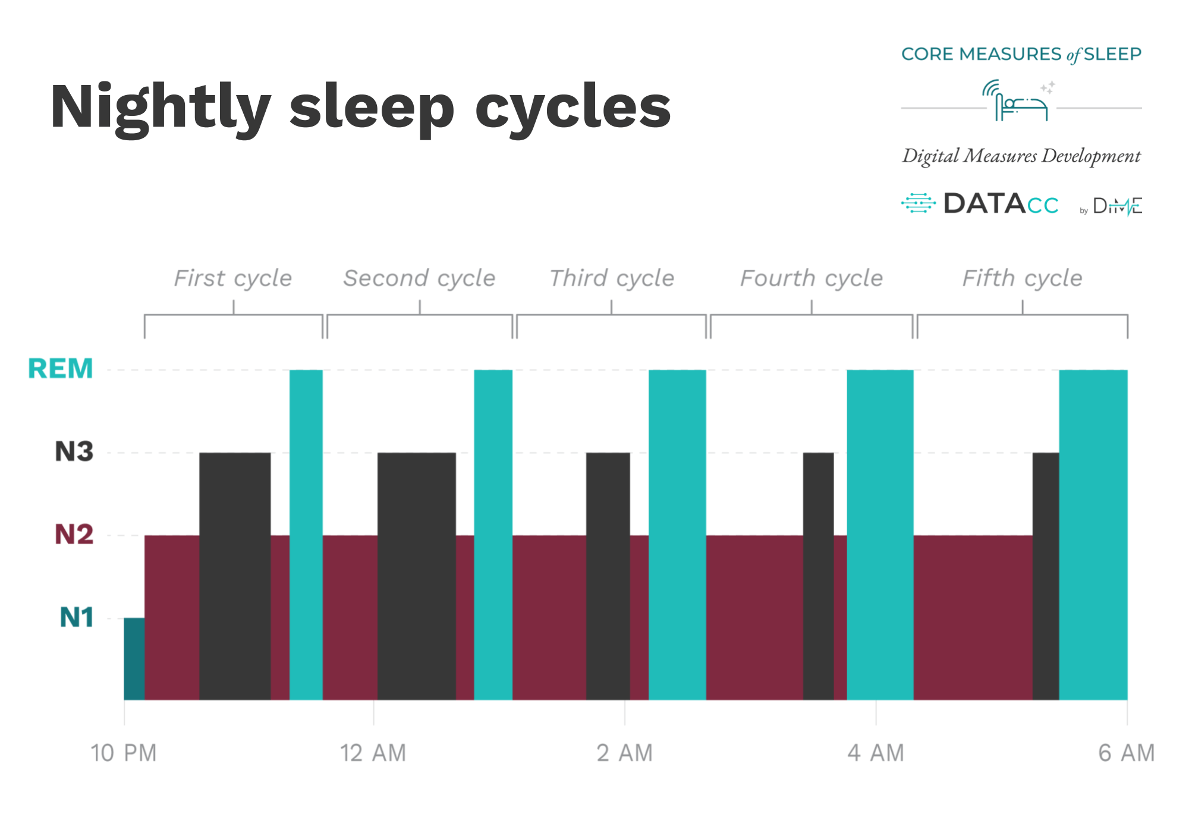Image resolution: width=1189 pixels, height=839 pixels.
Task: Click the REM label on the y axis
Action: tap(61, 369)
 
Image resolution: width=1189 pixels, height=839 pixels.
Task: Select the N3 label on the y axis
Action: tap(74, 452)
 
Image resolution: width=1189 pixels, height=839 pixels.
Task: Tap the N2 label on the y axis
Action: tap(74, 534)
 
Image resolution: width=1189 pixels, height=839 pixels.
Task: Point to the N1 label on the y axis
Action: tap(77, 617)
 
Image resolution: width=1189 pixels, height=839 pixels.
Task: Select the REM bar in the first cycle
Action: tap(306, 535)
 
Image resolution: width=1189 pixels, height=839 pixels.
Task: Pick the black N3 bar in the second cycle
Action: tap(417, 576)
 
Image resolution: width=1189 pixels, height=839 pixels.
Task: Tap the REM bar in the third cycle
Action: tap(677, 535)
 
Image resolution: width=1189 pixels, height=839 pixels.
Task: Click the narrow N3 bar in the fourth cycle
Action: tap(818, 576)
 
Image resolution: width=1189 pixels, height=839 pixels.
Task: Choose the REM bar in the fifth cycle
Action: tap(1093, 535)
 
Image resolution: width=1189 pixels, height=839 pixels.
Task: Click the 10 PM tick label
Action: tap(124, 753)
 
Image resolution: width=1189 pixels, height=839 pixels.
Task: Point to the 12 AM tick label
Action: tap(373, 753)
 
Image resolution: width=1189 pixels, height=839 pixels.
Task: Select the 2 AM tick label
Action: tap(625, 753)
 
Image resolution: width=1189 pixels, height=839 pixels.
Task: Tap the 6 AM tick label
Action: tap(1127, 753)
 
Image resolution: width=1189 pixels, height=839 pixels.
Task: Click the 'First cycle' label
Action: tap(233, 278)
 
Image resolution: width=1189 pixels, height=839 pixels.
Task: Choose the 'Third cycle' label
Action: tap(612, 278)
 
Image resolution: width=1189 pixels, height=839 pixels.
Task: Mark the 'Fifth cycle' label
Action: tap(1023, 278)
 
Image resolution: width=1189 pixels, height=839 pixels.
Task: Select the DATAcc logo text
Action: tap(1001, 204)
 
